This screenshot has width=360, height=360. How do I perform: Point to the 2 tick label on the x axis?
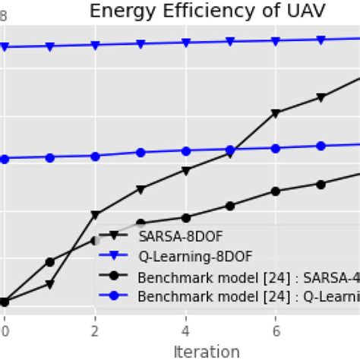[95, 331]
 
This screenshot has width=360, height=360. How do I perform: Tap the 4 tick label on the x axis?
[185, 331]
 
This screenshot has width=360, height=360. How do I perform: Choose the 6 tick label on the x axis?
[276, 331]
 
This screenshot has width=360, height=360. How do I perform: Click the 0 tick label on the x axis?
[5, 331]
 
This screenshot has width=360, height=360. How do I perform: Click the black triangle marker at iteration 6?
[276, 113]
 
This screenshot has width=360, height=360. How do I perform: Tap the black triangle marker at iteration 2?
[95, 215]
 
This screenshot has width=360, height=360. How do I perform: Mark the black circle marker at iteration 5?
[230, 205]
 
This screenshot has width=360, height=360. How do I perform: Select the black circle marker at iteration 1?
[49, 262]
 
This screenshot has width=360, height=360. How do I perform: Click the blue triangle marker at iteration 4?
[185, 43]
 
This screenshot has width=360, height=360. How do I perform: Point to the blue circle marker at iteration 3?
[140, 153]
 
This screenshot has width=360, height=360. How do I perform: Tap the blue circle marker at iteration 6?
[276, 148]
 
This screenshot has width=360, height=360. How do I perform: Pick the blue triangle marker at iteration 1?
[49, 46]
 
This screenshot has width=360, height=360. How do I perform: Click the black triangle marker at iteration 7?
[321, 97]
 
